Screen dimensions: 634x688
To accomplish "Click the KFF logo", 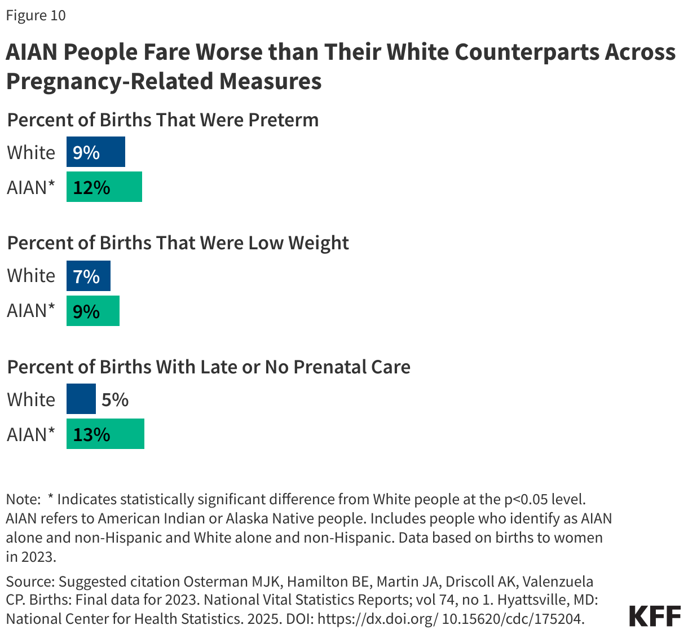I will coord(654,616).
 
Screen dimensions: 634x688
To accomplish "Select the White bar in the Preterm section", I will coord(95,152).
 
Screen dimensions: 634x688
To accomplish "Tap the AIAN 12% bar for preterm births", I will coord(104,187).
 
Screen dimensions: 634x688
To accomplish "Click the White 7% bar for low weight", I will coord(88,276).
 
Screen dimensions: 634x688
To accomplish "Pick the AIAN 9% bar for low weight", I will coord(92,311).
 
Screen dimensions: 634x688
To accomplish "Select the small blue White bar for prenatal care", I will coord(81,399).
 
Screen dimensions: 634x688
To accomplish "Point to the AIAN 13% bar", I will coord(105,434).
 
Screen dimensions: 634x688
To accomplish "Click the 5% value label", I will coord(115,400).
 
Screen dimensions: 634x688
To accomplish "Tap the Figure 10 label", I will coord(36,15).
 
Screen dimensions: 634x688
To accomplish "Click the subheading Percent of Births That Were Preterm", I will coord(162,120).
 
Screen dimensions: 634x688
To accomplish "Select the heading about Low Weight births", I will coord(178,243).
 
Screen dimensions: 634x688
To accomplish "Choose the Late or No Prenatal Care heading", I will coord(208,367).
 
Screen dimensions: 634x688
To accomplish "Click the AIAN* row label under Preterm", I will coord(31,187).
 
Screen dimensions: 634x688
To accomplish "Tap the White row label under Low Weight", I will coord(31,276).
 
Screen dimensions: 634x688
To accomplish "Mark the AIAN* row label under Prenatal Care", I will coord(31,434).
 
